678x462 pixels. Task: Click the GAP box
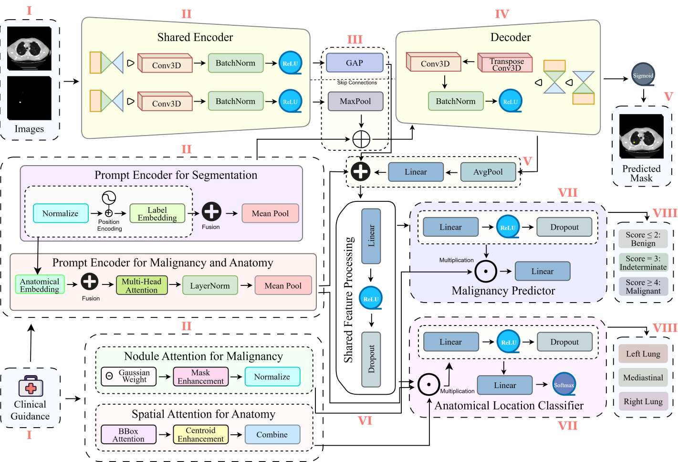(355, 63)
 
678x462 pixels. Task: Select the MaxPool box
(355, 101)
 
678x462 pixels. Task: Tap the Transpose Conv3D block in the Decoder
(505, 63)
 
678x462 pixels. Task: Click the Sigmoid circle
(643, 74)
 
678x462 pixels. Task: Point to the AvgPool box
(488, 172)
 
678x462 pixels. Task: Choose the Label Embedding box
(157, 213)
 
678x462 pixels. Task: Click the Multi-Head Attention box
(142, 285)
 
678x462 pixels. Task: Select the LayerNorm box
(210, 285)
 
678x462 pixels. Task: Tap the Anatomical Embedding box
(40, 284)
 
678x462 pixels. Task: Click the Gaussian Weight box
(129, 376)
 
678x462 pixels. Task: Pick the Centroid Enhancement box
(201, 434)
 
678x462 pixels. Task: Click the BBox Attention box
(129, 434)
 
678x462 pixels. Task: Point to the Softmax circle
(564, 384)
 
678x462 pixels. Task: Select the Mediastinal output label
(643, 378)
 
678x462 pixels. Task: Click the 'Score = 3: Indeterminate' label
(643, 262)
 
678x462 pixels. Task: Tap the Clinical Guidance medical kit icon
(31, 386)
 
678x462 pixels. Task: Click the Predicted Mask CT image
(641, 136)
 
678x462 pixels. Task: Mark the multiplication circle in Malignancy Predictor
(486, 271)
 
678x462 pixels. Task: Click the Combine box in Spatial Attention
(272, 434)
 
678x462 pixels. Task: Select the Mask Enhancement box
(201, 376)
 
